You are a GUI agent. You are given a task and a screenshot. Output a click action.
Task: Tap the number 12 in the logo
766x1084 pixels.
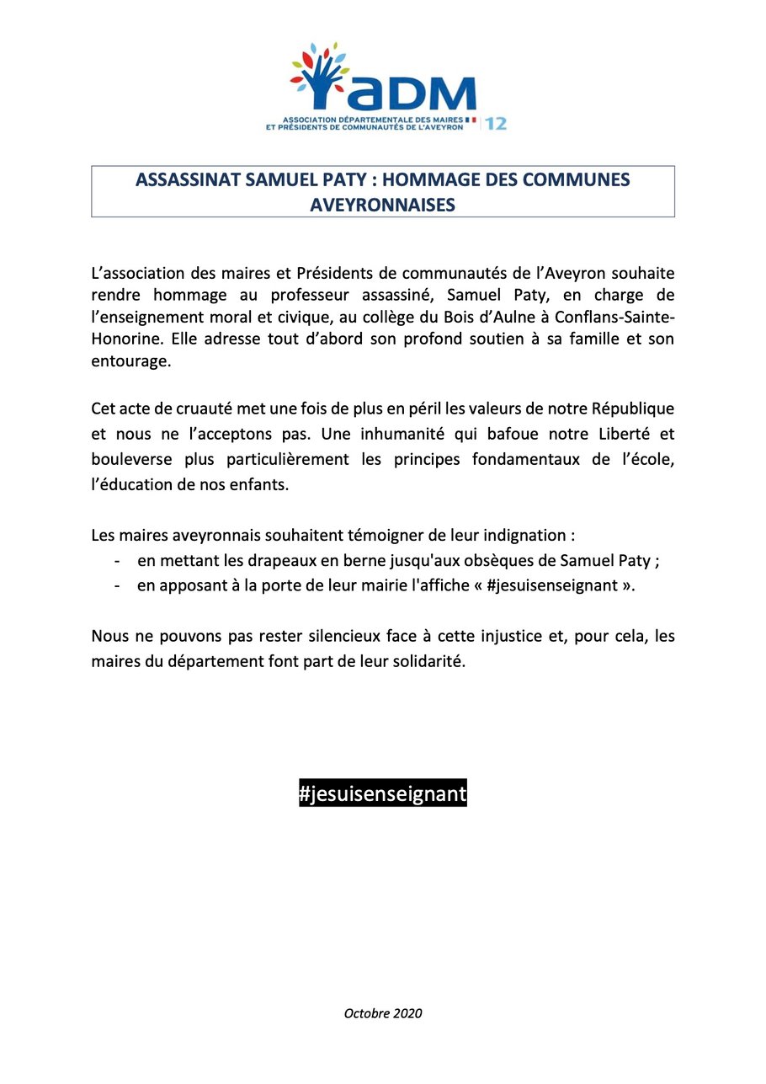pyautogui.click(x=497, y=123)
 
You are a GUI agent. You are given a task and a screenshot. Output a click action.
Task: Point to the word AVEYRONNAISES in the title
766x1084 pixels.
pyautogui.click(x=383, y=205)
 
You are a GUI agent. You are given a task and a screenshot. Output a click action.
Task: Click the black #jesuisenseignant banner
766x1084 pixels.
pyautogui.click(x=382, y=793)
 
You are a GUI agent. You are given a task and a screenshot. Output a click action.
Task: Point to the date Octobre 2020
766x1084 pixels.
pyautogui.click(x=383, y=1012)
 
